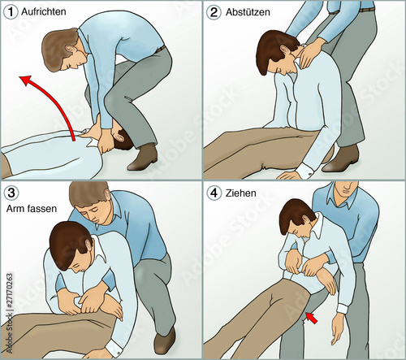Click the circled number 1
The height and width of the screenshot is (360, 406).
(11, 12)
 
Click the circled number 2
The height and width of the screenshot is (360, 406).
(214, 12)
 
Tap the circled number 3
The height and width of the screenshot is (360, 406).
(11, 193)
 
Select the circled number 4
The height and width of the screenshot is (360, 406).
(214, 193)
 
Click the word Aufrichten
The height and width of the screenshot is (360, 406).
(44, 11)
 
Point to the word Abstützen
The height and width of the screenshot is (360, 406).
(248, 12)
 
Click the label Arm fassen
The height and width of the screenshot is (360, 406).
(32, 209)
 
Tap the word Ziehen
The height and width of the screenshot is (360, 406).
(240, 193)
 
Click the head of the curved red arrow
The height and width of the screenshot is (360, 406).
(26, 80)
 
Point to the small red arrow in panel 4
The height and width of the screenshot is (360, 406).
(312, 318)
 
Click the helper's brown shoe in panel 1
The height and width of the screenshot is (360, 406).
(143, 158)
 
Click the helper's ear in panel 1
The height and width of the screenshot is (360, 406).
(71, 50)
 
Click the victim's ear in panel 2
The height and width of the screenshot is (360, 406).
(286, 51)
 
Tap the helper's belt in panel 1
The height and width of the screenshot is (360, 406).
(161, 49)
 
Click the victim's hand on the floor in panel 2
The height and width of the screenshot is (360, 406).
(290, 176)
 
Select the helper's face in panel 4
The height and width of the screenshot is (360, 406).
(347, 189)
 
